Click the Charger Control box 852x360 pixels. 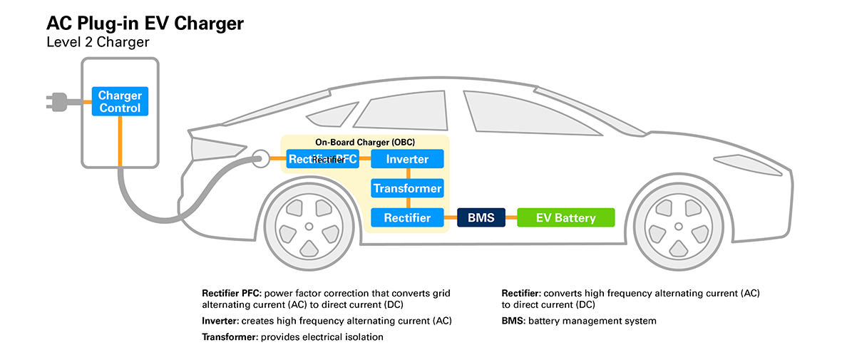point(120,102)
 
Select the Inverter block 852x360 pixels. point(407,159)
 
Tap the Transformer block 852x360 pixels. point(407,188)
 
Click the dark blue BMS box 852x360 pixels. point(481,217)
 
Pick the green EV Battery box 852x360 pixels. point(565,217)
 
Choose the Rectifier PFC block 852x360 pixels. point(323,159)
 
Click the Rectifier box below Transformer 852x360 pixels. point(407,217)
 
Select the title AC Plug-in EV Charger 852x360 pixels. point(145,24)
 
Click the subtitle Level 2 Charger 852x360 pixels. point(98,43)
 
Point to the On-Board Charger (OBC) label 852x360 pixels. point(364,142)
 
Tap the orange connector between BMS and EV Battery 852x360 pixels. point(511,217)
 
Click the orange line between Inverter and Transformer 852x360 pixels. point(407,173)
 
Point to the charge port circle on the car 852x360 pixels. point(260,158)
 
